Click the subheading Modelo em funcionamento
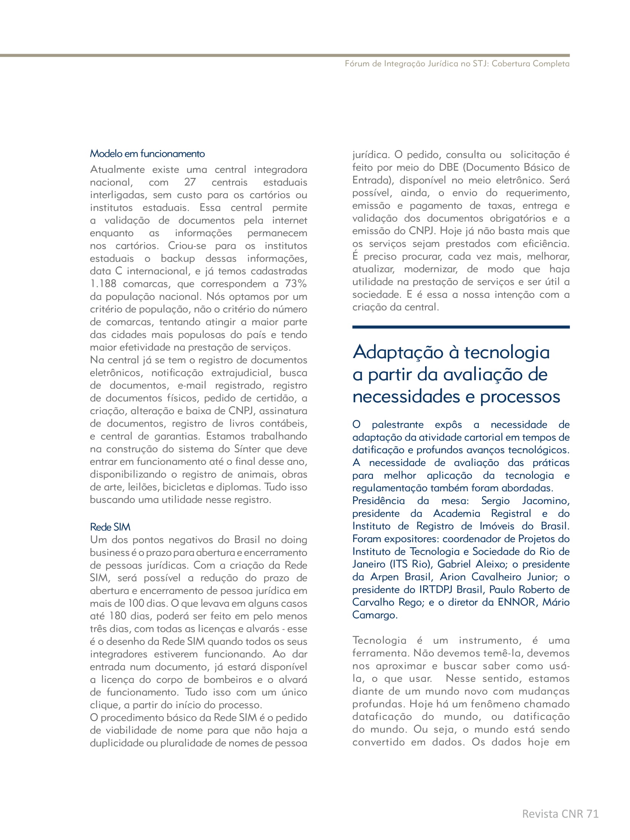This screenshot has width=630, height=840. point(147,154)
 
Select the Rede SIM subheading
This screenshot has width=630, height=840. point(110,527)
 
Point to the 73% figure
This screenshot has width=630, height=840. point(296,284)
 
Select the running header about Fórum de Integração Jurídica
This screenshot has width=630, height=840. point(457,64)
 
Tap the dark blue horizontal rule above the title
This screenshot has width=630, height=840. point(461,327)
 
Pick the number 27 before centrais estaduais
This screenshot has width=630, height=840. point(190,182)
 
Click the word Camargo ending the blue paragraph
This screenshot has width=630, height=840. point(374,615)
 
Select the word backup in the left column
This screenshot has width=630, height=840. point(177,258)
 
